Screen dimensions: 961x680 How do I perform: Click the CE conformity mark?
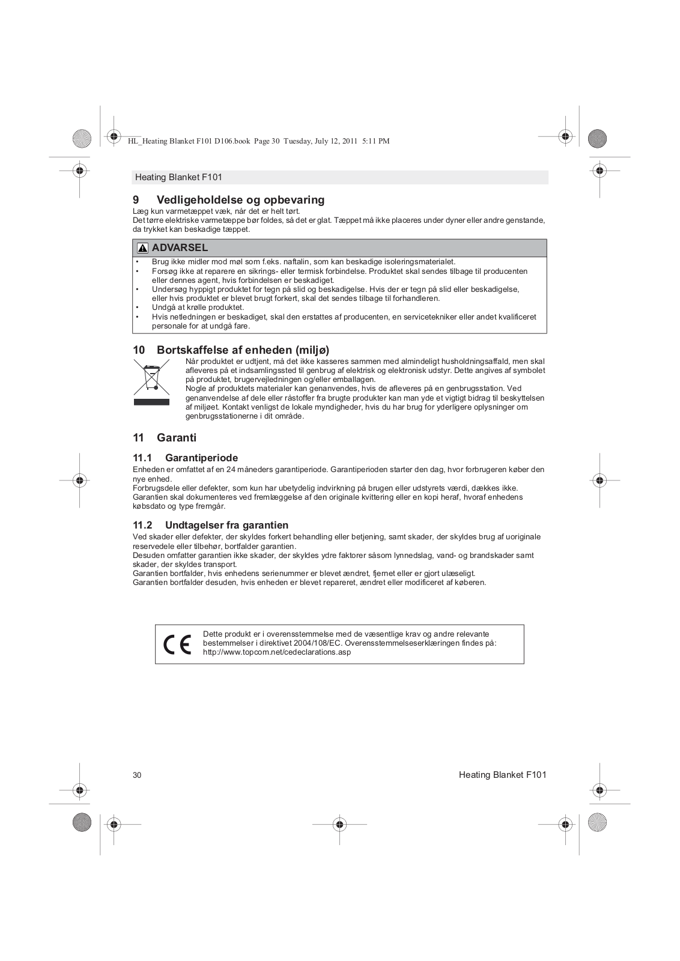click(177, 644)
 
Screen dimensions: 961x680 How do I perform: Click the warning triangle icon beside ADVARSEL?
click(142, 248)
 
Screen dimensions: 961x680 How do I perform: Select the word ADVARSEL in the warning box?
click(180, 247)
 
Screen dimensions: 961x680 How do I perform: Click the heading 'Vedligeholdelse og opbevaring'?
click(240, 200)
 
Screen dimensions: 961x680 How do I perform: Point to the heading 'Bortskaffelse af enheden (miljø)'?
click(243, 350)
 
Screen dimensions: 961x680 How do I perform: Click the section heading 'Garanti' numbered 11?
click(177, 438)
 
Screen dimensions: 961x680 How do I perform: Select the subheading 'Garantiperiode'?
click(201, 458)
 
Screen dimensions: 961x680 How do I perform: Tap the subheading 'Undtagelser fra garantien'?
click(226, 525)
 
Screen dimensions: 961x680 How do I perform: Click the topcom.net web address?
click(277, 652)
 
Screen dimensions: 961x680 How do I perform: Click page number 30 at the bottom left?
click(137, 775)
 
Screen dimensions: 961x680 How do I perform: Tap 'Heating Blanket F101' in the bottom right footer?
click(502, 775)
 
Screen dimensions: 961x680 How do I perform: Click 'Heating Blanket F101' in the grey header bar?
click(178, 177)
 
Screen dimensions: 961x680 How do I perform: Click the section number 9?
click(136, 200)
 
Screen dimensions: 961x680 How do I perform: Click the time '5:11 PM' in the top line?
click(376, 141)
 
